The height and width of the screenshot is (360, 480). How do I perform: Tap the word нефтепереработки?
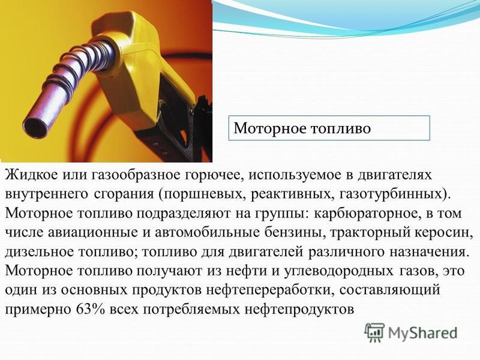tap(270, 290)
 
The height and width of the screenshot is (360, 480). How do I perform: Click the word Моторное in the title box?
tap(270, 128)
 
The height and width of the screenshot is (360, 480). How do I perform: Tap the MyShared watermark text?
tap(423, 333)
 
